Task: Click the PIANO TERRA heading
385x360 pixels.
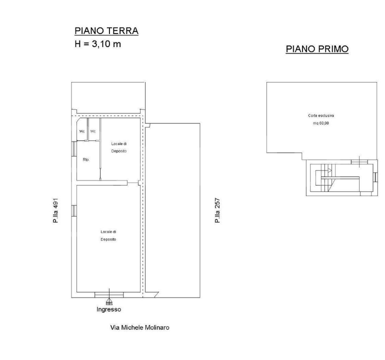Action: click(106, 31)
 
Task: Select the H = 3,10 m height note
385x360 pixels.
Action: click(97, 44)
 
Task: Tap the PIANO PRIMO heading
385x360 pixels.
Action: click(317, 49)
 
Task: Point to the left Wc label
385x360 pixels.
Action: click(82, 131)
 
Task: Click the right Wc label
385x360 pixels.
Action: click(93, 131)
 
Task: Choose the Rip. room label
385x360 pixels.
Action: click(85, 160)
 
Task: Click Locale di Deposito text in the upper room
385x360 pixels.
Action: click(118, 147)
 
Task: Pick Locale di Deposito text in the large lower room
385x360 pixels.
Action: click(108, 235)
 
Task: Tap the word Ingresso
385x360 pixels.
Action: click(108, 309)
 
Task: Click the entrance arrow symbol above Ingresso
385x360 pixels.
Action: click(109, 301)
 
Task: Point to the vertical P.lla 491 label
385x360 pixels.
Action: click(56, 210)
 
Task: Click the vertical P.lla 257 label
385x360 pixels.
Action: click(217, 210)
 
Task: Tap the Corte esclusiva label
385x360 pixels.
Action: click(318, 115)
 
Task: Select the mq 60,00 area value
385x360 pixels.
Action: click(318, 123)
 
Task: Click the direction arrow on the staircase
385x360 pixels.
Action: click(329, 170)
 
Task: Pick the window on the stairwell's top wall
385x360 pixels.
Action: click(359, 161)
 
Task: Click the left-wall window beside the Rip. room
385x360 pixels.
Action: click(74, 148)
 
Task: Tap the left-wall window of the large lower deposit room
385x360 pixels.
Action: click(74, 210)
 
